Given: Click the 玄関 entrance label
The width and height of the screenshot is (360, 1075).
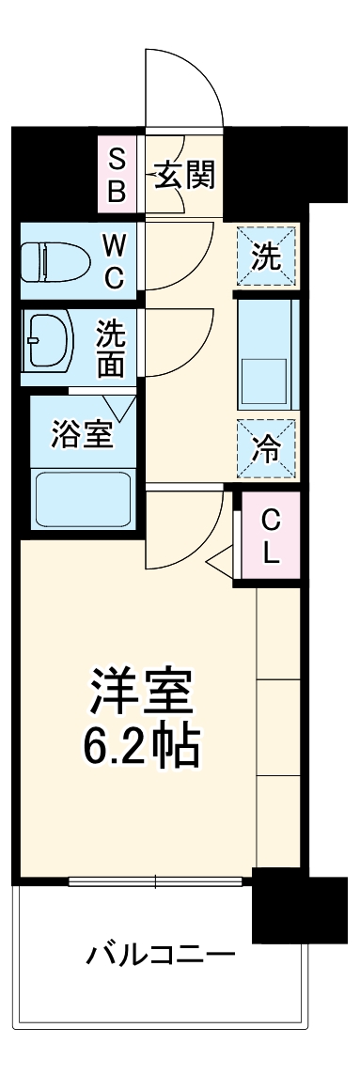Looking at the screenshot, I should tap(185, 175).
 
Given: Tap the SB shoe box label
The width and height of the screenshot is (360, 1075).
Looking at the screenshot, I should tap(117, 175).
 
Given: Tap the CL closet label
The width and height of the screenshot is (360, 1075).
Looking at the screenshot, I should tap(270, 536).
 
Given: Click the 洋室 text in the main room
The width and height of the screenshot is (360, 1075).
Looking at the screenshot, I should tap(142, 691).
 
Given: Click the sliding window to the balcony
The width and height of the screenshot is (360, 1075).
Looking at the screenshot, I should tap(155, 880).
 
